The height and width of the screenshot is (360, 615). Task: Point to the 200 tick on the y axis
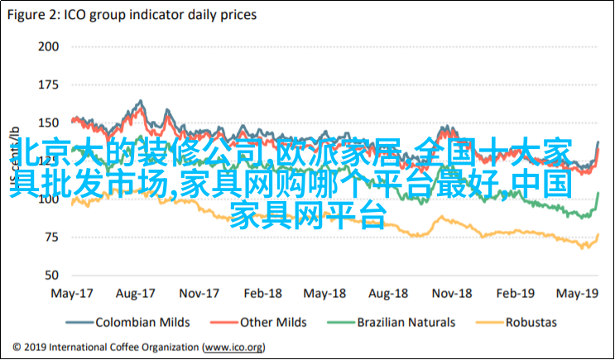click(x=48, y=47)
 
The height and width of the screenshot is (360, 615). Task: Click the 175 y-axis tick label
click(x=48, y=85)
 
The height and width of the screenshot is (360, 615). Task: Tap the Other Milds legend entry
click(x=273, y=323)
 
